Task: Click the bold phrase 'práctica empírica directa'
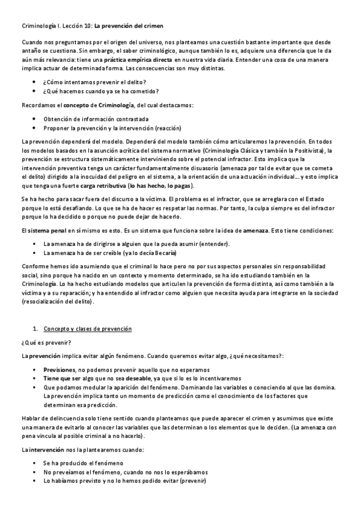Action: (138, 60)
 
